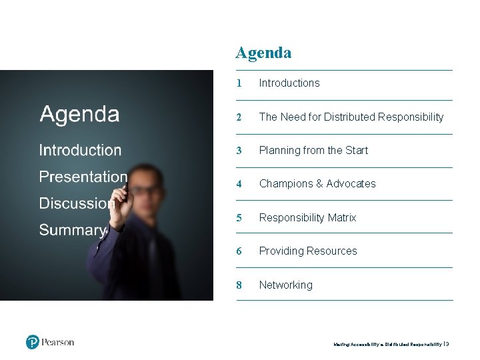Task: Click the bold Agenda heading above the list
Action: coord(263,53)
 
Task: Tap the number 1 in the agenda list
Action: coord(238,83)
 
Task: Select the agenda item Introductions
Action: coord(289,83)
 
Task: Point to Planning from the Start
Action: coord(313,151)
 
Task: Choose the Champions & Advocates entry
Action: coord(317,184)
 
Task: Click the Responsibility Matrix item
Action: coord(307,218)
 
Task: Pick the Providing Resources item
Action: coord(308,251)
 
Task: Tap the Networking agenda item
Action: coord(285,285)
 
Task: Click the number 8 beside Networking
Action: coord(239,285)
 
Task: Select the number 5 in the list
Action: coord(239,218)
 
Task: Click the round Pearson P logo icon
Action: coord(33,342)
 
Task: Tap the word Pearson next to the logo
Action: coord(58,342)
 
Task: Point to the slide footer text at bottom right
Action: coord(391,345)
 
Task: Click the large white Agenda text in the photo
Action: coord(79,115)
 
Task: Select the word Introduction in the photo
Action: coord(80,151)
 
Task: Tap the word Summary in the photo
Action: coord(72,231)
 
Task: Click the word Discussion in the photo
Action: coord(75,203)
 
